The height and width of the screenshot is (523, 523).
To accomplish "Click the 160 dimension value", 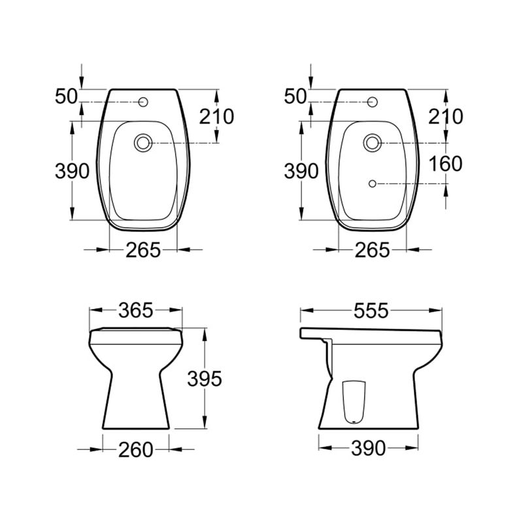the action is [x=445, y=164].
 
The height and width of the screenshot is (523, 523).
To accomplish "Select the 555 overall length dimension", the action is [x=371, y=311].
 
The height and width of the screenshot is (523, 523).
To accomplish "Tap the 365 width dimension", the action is [x=136, y=311].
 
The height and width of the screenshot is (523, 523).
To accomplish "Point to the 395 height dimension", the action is [x=205, y=379].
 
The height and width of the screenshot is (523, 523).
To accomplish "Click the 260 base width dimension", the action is [x=136, y=450].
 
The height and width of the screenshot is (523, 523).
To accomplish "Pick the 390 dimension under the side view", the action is [x=368, y=448].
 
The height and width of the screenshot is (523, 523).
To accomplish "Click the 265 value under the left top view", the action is [x=143, y=250].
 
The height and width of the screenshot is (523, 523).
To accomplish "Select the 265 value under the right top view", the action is [x=372, y=250].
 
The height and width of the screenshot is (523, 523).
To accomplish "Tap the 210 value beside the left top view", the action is [x=216, y=117].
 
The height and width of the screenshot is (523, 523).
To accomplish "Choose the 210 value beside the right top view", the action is [x=446, y=117].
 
